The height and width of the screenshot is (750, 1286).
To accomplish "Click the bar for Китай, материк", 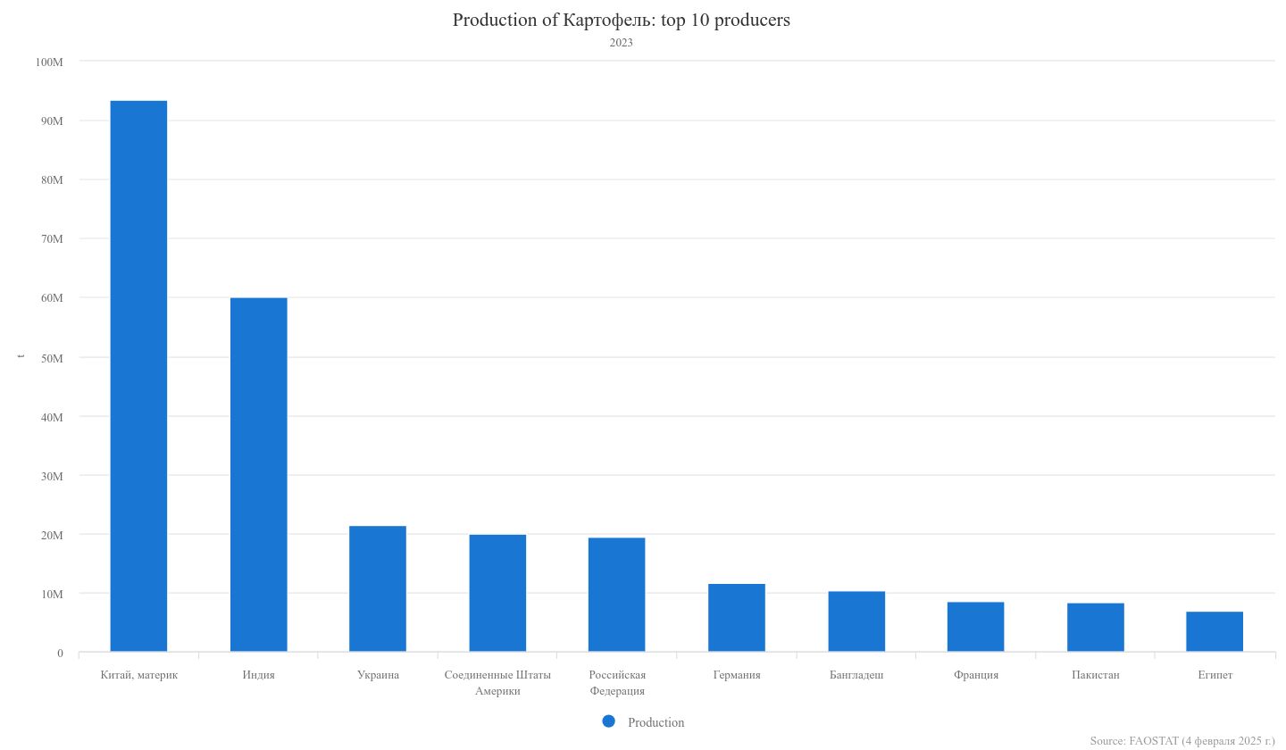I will [x=138, y=376].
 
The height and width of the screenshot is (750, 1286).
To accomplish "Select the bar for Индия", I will [x=258, y=474].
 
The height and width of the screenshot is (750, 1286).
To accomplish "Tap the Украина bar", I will [x=378, y=588].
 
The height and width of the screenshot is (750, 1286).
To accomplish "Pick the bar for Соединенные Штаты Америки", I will [x=497, y=593].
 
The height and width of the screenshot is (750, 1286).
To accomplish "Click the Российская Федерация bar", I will [x=617, y=595].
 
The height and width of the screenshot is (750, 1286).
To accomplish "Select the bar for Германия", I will [x=737, y=618].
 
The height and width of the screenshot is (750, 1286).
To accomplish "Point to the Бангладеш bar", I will [x=856, y=621].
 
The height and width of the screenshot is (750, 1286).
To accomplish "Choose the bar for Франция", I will [x=975, y=627].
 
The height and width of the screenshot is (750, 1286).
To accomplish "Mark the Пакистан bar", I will [x=1095, y=628].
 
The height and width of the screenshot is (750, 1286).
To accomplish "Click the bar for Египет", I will [x=1215, y=631].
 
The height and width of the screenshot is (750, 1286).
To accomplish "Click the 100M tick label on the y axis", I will [x=49, y=62].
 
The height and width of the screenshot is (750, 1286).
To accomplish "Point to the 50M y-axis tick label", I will [x=52, y=357].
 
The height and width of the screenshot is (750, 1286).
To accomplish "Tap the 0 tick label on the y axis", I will [x=60, y=653].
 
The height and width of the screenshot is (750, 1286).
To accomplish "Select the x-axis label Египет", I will [x=1215, y=675].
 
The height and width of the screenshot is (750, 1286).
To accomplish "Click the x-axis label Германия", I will [x=737, y=675].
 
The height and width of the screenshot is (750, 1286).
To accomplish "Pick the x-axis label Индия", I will [x=258, y=675].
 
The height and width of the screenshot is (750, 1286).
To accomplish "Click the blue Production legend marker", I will [x=609, y=721].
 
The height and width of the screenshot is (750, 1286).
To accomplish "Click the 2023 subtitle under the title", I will [x=622, y=43].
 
